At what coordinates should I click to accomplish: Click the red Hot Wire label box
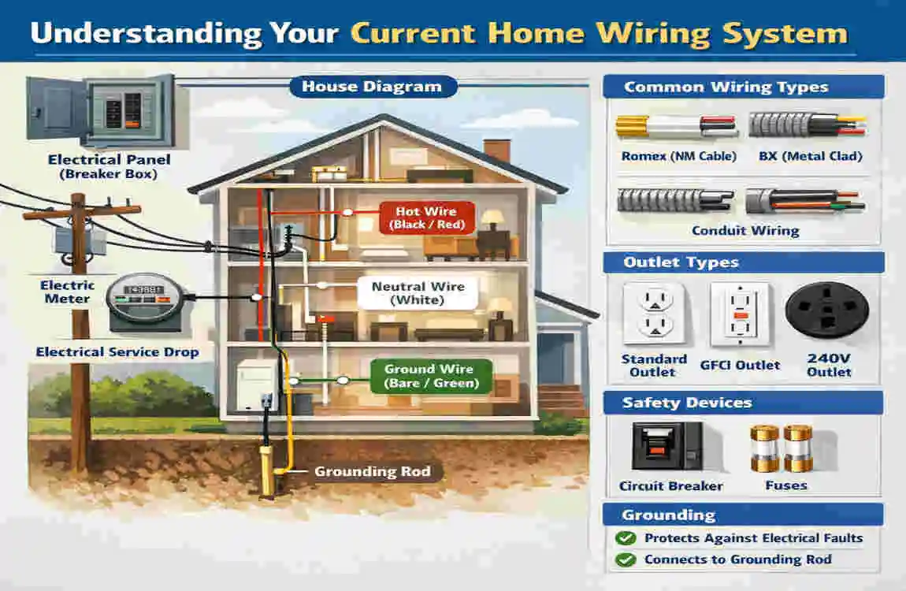(425, 218)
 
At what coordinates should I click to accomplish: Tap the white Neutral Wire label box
(418, 293)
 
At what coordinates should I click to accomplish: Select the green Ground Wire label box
(430, 376)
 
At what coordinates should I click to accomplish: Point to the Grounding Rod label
(372, 471)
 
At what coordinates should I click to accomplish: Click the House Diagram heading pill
(373, 87)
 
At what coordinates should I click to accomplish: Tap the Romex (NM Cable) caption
(678, 156)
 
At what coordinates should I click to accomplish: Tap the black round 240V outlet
(827, 311)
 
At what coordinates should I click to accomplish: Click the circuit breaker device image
(667, 446)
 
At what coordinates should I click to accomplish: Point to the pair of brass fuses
(785, 448)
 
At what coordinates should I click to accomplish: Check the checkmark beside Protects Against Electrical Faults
(626, 538)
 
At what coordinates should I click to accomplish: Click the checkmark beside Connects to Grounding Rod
(626, 559)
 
